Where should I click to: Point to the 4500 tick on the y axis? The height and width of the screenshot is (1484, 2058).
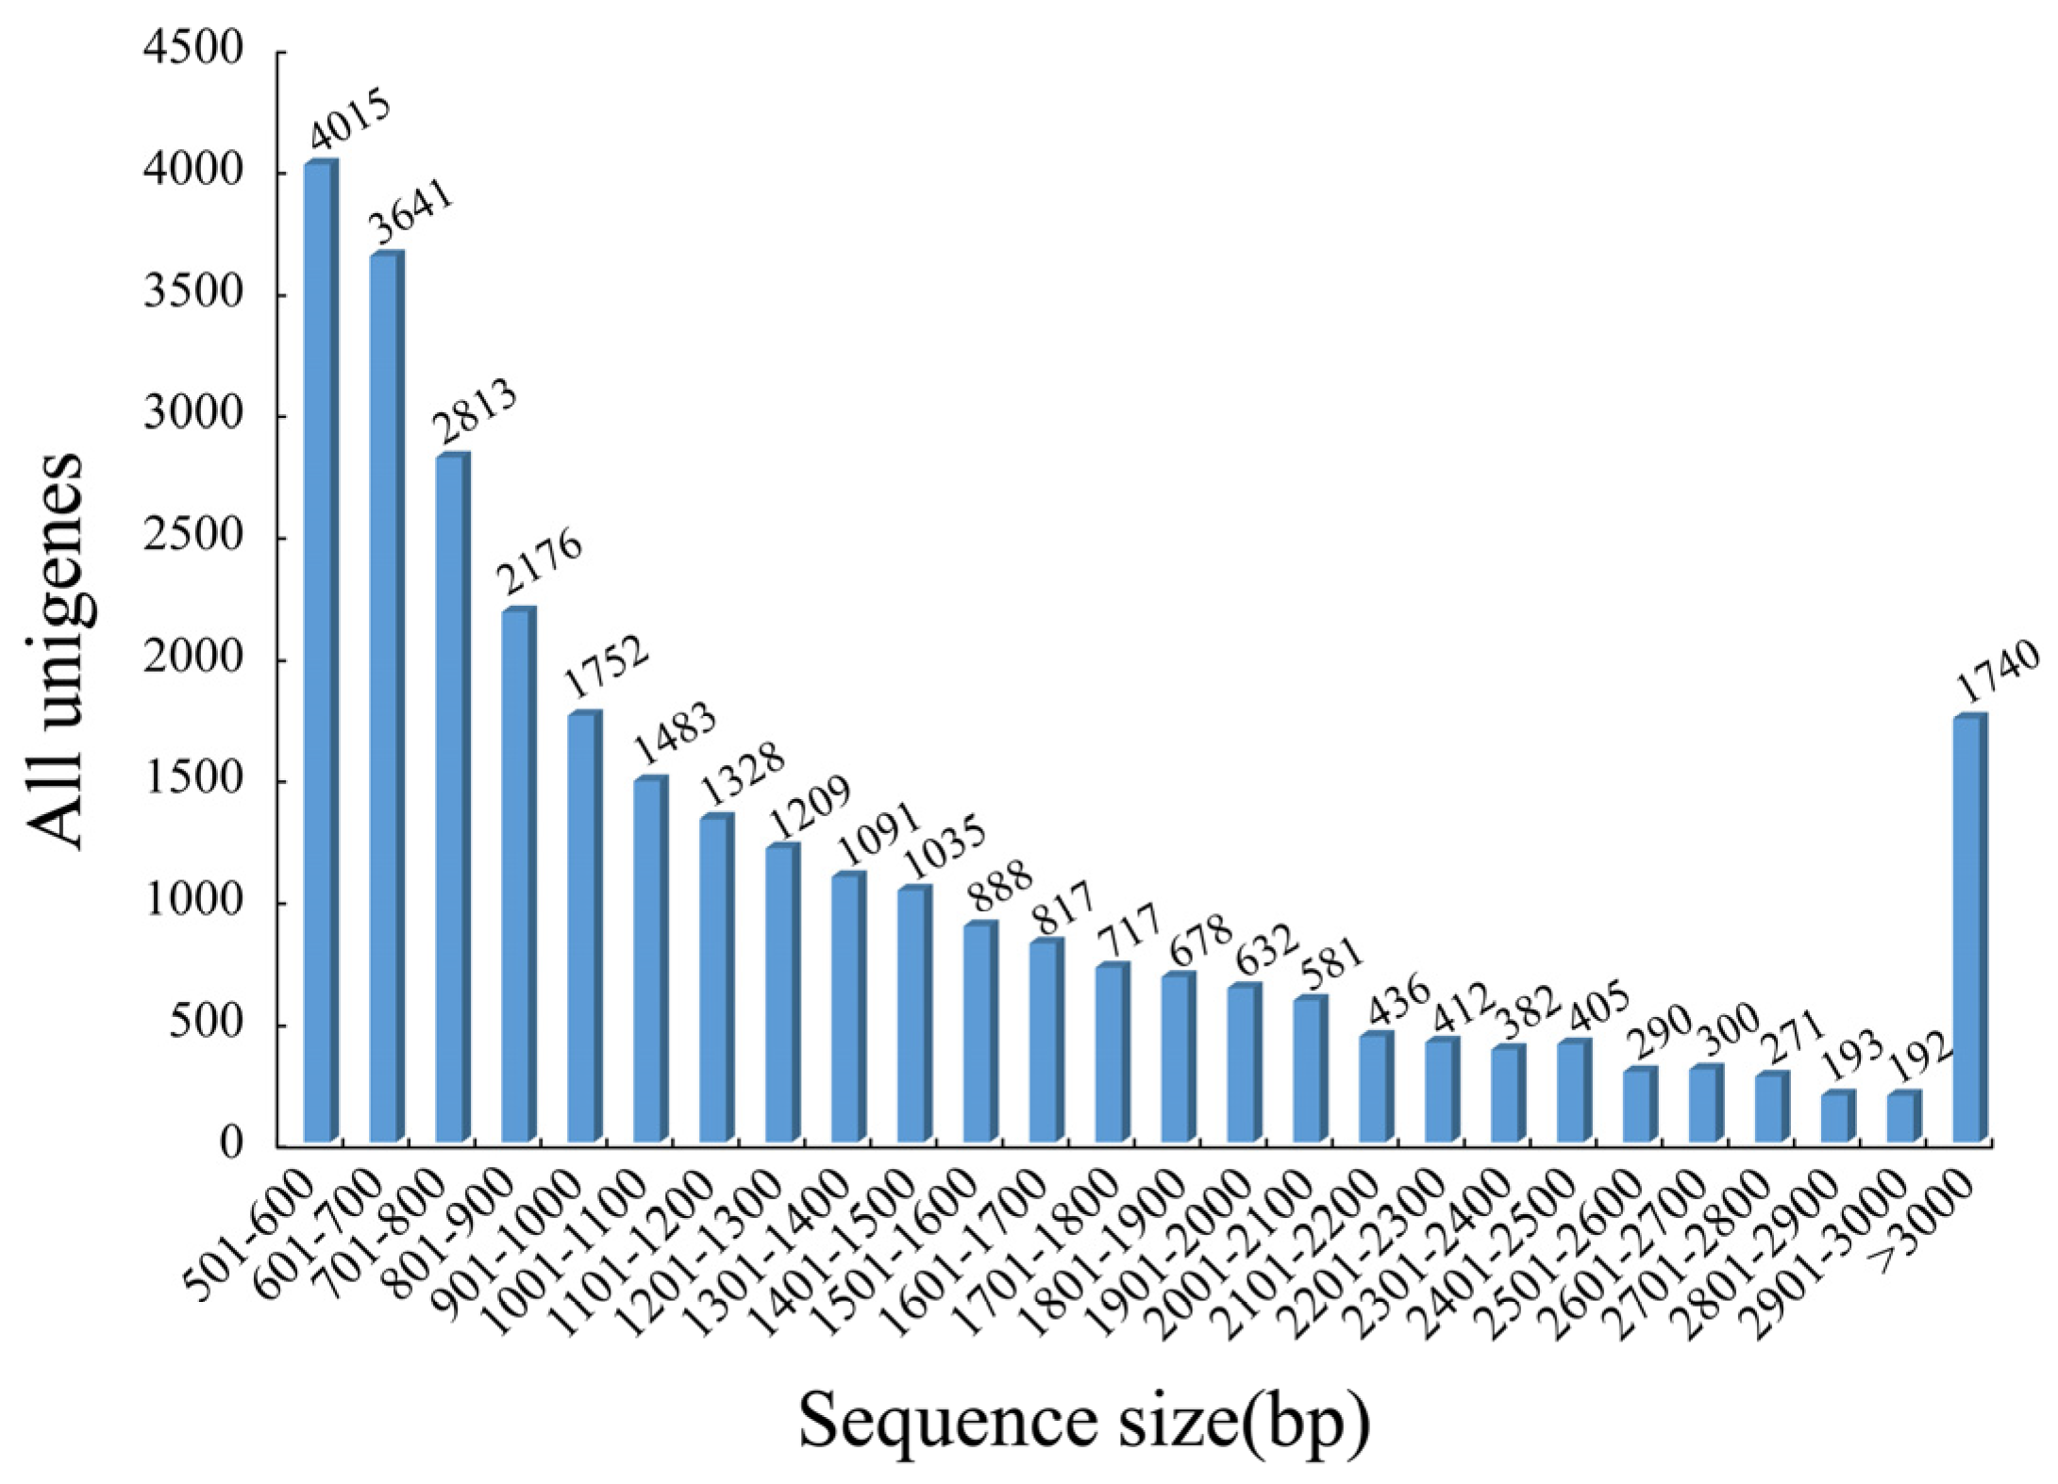coord(192,52)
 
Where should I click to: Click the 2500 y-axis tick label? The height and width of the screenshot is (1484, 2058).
coord(192,539)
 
